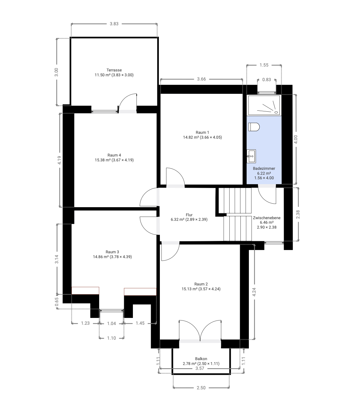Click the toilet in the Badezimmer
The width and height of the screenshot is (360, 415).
coord(254,127)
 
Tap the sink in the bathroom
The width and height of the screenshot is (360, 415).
coord(251,156)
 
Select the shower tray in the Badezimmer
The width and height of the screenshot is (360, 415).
coord(264,105)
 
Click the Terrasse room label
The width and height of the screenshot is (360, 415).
coord(114,70)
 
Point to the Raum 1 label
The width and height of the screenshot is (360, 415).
coord(202,132)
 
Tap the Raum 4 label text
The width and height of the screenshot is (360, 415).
coord(114,155)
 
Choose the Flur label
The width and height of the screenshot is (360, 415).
coord(189,215)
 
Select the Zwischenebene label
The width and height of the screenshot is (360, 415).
coord(266,218)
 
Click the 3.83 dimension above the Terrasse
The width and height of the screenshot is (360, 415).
coord(114,24)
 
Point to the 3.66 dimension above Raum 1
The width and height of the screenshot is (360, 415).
coord(201,79)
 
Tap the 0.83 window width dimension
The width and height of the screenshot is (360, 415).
coord(266,80)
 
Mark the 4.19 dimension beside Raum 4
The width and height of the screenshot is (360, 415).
coord(59,160)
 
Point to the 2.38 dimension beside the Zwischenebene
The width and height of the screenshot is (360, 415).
coord(298,214)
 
